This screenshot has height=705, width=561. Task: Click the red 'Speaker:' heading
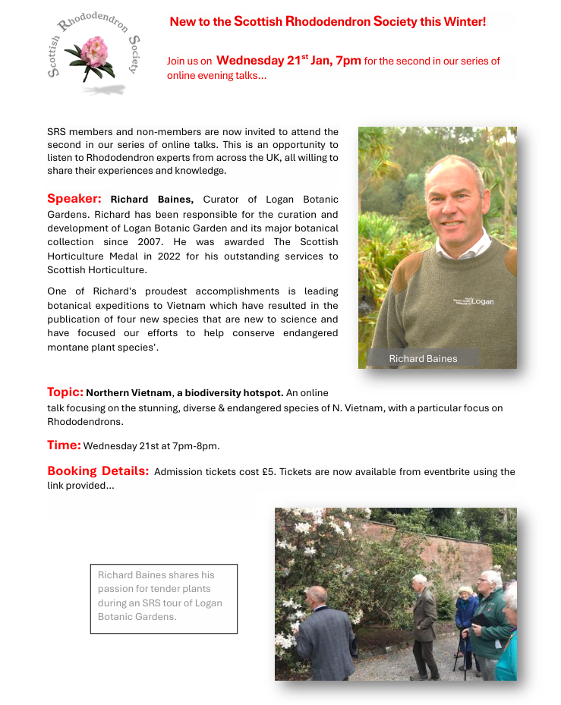[x=74, y=199]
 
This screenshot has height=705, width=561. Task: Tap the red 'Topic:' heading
[x=65, y=392]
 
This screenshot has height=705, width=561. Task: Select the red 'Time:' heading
[x=65, y=445]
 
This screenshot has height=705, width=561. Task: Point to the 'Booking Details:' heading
[x=98, y=471]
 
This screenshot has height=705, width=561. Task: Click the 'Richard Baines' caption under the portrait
[x=423, y=358]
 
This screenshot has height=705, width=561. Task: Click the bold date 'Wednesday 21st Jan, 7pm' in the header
[x=288, y=61]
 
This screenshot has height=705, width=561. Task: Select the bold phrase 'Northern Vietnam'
[x=128, y=393]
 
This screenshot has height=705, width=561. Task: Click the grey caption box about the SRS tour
[x=164, y=598]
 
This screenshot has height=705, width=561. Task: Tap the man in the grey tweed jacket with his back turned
[x=323, y=634]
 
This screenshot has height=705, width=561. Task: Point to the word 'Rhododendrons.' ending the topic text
[x=85, y=421]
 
